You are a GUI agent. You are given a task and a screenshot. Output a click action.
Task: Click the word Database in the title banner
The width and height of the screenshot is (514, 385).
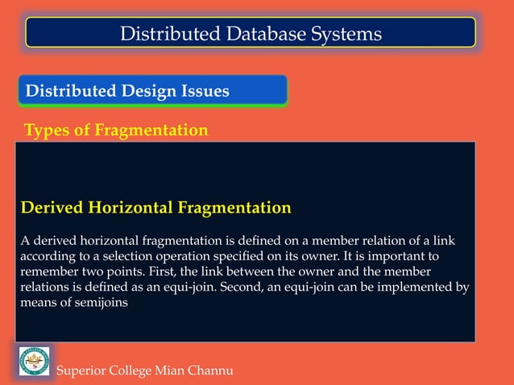(x=267, y=33)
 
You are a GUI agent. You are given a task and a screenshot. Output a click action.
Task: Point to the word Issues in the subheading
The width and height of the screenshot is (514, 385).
(x=208, y=91)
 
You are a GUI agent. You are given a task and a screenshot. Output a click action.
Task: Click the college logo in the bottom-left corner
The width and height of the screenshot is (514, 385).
(x=34, y=360)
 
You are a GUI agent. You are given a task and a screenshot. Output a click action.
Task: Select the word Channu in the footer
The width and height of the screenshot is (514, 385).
(x=209, y=371)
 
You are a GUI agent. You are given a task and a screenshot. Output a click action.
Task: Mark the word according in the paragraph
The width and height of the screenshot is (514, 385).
(x=47, y=256)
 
